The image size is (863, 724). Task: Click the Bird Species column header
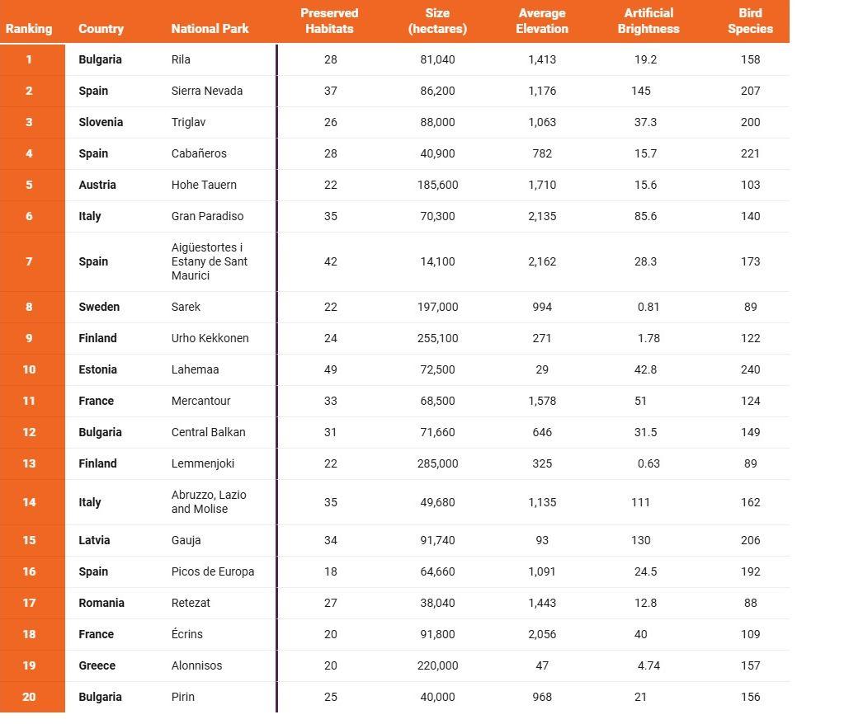[x=750, y=21]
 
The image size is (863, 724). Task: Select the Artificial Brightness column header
[x=648, y=21]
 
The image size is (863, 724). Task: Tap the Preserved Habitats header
[x=329, y=21]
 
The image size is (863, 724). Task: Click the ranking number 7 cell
[x=29, y=261]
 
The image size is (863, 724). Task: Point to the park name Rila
[x=181, y=59]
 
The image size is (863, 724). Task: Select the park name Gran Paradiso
[x=207, y=216]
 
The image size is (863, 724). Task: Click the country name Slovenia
[x=101, y=122]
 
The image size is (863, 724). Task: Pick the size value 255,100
[x=437, y=338]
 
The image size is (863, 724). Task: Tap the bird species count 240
[x=750, y=369]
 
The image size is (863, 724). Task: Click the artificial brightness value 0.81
[x=648, y=307]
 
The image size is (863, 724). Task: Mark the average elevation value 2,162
[x=542, y=261]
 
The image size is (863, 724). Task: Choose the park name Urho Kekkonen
[x=210, y=338]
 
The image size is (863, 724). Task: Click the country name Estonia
[x=97, y=369]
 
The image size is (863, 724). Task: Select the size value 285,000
[x=437, y=463]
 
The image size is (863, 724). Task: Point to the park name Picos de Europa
[x=212, y=571]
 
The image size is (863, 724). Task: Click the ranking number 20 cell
[x=29, y=697]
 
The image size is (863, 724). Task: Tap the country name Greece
[x=97, y=665]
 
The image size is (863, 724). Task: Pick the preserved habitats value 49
[x=330, y=369]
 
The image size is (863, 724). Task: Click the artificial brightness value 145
[x=640, y=91]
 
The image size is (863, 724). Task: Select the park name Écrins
[x=186, y=634]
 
